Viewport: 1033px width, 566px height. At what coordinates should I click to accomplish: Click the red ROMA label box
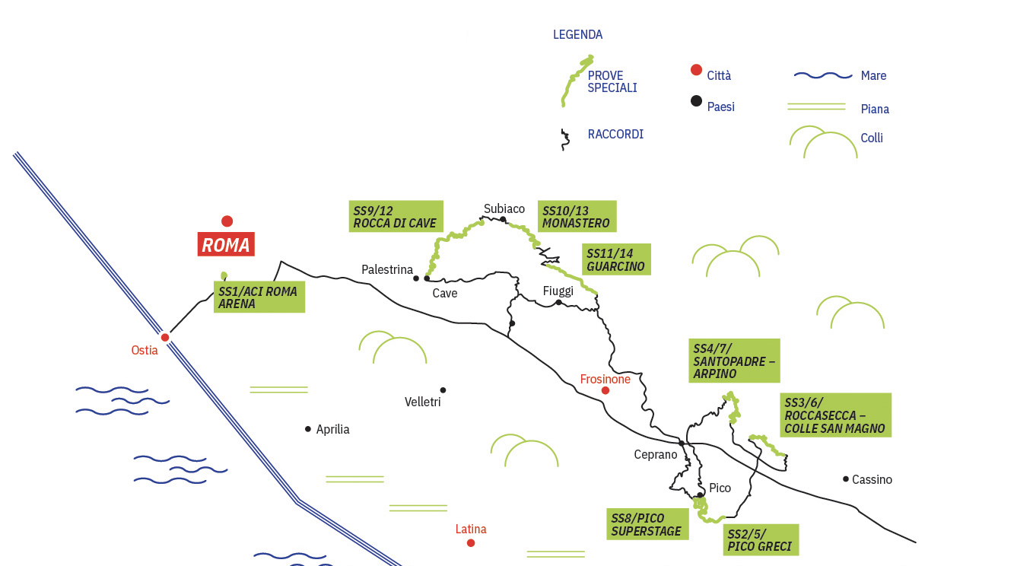pos(226,245)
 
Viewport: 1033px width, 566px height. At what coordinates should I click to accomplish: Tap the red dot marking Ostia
pos(165,337)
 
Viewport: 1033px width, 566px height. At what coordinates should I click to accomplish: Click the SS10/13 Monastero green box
pos(577,216)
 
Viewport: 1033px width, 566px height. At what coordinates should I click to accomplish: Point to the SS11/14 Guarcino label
pos(617,259)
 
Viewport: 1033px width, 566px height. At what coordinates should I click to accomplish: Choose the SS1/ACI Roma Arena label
pos(259,297)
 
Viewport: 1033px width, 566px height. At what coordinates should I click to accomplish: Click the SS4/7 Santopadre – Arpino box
pos(734,361)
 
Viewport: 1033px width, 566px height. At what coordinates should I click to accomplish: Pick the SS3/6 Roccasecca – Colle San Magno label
pos(835,415)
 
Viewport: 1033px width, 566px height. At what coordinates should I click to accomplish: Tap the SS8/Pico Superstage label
pos(647,524)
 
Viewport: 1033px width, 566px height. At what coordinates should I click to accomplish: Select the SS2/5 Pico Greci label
pos(761,539)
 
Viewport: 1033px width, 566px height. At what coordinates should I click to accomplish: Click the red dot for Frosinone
pos(605,390)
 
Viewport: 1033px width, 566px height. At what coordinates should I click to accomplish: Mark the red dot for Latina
pos(471,542)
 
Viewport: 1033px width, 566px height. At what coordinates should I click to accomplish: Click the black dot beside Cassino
pos(846,479)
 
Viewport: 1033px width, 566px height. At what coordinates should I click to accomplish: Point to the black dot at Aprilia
pos(308,429)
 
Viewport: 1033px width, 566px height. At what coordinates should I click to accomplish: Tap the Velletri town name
pos(422,402)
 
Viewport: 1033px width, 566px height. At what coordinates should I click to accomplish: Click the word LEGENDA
pos(577,34)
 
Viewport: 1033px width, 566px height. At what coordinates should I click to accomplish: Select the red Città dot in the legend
pos(696,70)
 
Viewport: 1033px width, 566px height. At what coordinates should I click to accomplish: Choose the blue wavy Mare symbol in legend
pos(822,75)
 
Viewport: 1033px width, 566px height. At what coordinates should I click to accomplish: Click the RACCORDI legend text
pos(615,134)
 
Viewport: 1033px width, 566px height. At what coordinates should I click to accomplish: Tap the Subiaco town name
pos(504,208)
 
